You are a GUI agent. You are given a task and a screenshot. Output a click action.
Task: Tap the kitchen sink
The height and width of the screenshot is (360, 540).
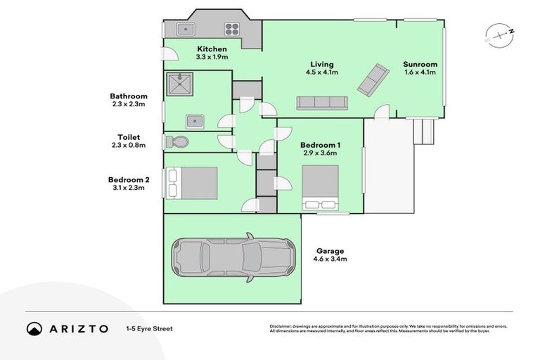[x=186, y=29]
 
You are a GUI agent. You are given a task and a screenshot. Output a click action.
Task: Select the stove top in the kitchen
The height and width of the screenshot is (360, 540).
[x=233, y=29]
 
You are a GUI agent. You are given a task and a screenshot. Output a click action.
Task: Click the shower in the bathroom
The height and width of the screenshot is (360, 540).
[x=179, y=85]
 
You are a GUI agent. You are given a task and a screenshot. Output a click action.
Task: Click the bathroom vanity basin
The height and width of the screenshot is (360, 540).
[x=194, y=121]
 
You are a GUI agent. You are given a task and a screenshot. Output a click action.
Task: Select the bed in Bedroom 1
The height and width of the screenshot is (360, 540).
[x=320, y=188]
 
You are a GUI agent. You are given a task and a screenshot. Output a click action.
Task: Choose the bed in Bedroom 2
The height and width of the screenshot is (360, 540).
[x=189, y=182]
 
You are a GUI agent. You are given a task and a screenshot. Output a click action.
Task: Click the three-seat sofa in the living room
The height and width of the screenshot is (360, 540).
[x=321, y=103]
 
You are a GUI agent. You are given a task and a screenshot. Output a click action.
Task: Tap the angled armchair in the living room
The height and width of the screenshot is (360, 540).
[x=373, y=79]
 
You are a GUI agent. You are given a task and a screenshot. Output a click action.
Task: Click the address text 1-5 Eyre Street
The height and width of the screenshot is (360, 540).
[x=149, y=328]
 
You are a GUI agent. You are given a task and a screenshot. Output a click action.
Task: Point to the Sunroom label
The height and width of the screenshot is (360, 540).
[x=420, y=64]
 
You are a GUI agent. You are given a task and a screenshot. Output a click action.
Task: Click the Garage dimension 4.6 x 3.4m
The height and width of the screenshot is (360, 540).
[x=330, y=259]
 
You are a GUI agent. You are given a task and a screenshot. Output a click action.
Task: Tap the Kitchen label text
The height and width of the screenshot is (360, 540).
[x=212, y=49]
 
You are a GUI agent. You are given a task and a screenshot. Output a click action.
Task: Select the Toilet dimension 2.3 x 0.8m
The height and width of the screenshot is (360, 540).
[x=128, y=146]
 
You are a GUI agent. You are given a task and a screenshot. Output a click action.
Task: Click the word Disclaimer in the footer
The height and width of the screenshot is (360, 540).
[x=282, y=326]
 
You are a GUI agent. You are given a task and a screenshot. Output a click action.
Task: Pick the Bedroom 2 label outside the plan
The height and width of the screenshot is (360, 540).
[x=128, y=179]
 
